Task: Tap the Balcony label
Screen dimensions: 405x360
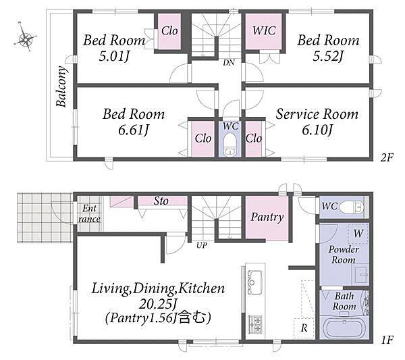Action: [62, 86]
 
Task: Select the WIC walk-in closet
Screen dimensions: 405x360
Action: [263, 31]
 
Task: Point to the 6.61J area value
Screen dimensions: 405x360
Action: [134, 130]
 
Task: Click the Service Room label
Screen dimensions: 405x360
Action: [317, 114]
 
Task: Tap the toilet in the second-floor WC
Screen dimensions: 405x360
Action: [230, 145]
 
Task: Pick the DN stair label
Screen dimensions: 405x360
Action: [229, 62]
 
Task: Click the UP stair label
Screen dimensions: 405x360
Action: [201, 245]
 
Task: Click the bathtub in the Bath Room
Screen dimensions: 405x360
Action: [344, 328]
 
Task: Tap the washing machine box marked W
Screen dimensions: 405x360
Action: [358, 234]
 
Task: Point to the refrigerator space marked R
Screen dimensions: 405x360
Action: [304, 328]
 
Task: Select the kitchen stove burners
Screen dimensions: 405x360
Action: [255, 324]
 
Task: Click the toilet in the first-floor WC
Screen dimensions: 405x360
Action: [352, 207]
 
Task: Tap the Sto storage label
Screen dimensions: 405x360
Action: [161, 201]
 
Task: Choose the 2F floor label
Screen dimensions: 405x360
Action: [387, 157]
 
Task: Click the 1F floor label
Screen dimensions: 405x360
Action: [387, 340]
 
